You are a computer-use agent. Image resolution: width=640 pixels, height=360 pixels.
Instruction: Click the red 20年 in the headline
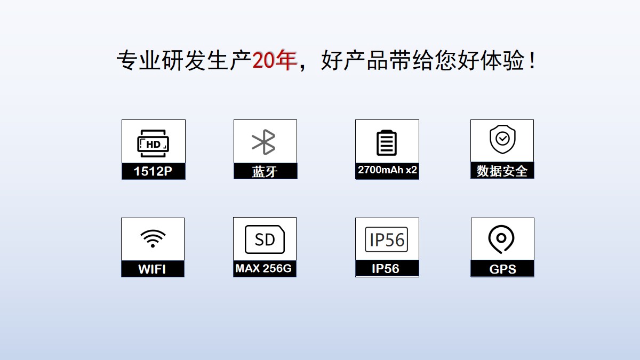pyautogui.click(x=275, y=60)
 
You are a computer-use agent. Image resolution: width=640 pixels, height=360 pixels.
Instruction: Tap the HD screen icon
pyautogui.click(x=153, y=143)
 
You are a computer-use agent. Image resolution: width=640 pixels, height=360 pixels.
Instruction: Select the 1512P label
pyautogui.click(x=153, y=171)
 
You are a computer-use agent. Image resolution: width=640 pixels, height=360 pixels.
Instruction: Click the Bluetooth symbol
pyautogui.click(x=263, y=142)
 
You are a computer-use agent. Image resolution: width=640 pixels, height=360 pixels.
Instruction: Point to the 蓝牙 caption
pyautogui.click(x=265, y=171)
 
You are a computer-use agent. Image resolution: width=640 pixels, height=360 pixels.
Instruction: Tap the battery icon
pyautogui.click(x=387, y=142)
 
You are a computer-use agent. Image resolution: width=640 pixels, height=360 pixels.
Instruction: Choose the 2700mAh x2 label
pyautogui.click(x=387, y=170)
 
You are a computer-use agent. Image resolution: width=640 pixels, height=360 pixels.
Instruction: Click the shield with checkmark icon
pyautogui.click(x=502, y=139)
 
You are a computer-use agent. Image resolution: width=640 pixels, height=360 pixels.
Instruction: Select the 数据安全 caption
pyautogui.click(x=502, y=171)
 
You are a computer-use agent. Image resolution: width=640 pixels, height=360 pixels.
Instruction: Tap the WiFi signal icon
pyautogui.click(x=153, y=238)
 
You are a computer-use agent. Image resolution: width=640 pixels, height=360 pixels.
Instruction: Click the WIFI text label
pyautogui.click(x=152, y=269)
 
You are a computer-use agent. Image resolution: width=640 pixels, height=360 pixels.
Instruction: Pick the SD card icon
pyautogui.click(x=265, y=239)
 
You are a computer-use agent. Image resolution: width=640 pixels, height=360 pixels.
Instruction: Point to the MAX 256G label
pyautogui.click(x=263, y=268)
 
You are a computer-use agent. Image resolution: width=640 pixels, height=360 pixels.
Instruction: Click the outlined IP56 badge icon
pyautogui.click(x=386, y=239)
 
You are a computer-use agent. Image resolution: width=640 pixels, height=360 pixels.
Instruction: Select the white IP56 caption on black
pyautogui.click(x=386, y=269)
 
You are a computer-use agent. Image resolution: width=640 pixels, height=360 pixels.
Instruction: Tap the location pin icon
pyautogui.click(x=501, y=239)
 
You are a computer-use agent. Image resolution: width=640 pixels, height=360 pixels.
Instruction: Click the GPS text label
pyautogui.click(x=503, y=269)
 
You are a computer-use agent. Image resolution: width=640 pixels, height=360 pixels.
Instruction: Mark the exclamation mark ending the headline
pyautogui.click(x=532, y=61)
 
